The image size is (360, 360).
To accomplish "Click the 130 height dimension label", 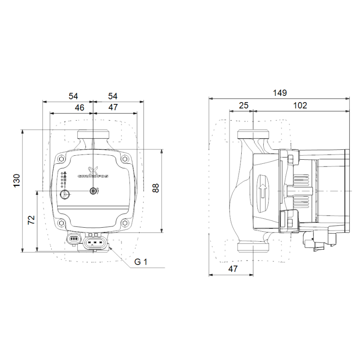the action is coord(17,180).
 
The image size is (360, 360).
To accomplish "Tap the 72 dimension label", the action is coord(31,220).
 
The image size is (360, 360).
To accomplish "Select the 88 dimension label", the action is coord(156,188).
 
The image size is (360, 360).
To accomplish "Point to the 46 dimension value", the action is coord(80,108).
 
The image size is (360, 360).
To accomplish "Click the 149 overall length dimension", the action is coord(279,93).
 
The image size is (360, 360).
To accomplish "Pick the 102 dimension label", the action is coord(300,105).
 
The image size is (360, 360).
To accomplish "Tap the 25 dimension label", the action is coord(243,105).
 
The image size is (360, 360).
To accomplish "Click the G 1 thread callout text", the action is coord(141,262).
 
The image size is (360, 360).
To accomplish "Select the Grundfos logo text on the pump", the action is coord(93,176).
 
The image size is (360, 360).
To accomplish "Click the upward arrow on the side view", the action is coord(263,191).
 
